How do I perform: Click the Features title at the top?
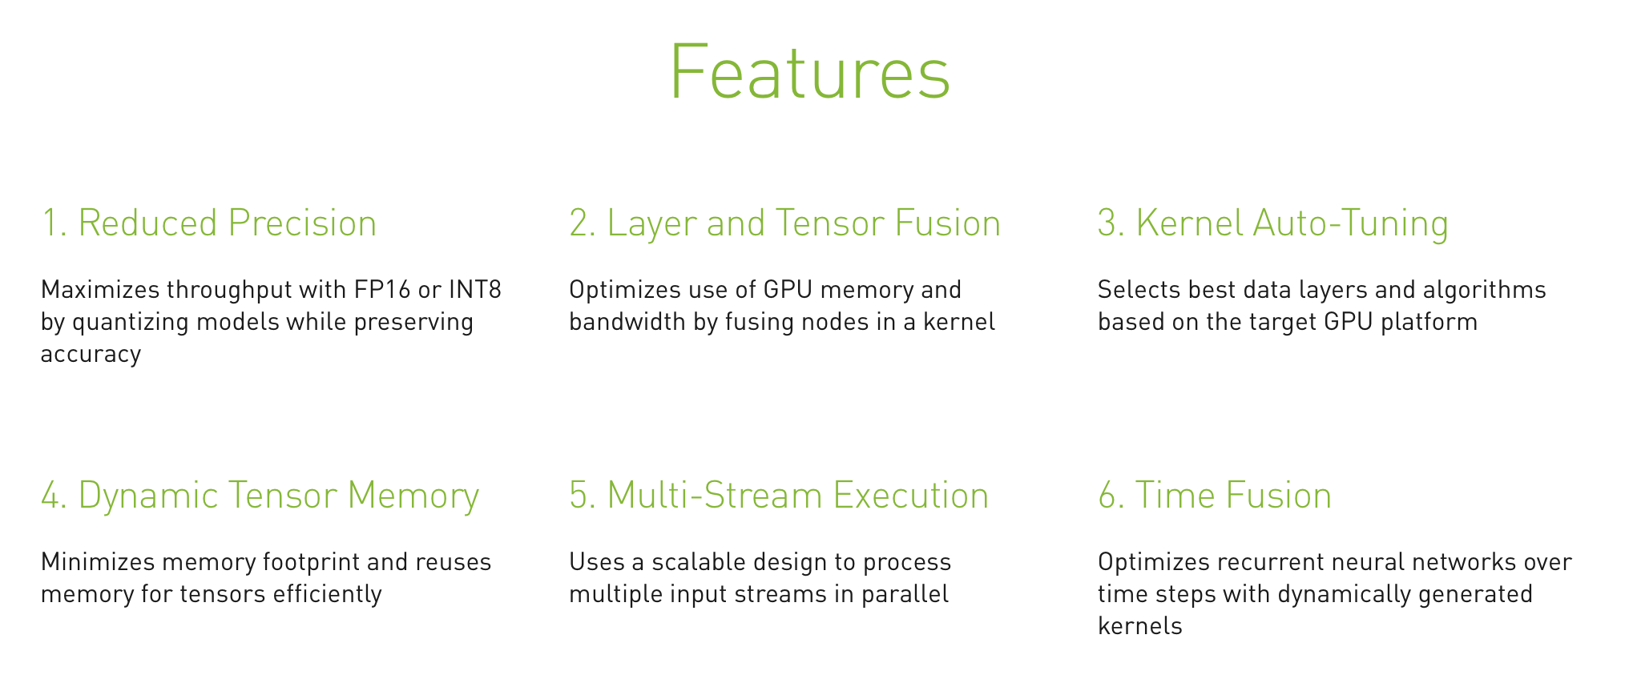tap(810, 71)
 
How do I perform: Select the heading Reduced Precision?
tap(208, 223)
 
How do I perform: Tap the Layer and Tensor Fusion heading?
tap(785, 223)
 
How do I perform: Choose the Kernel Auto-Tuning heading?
tap(1273, 223)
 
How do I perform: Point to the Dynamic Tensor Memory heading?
tap(260, 496)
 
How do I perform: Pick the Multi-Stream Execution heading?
tap(779, 495)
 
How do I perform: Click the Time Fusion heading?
tap(1215, 495)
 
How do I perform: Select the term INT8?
tap(475, 289)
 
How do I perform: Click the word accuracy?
tap(91, 355)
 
